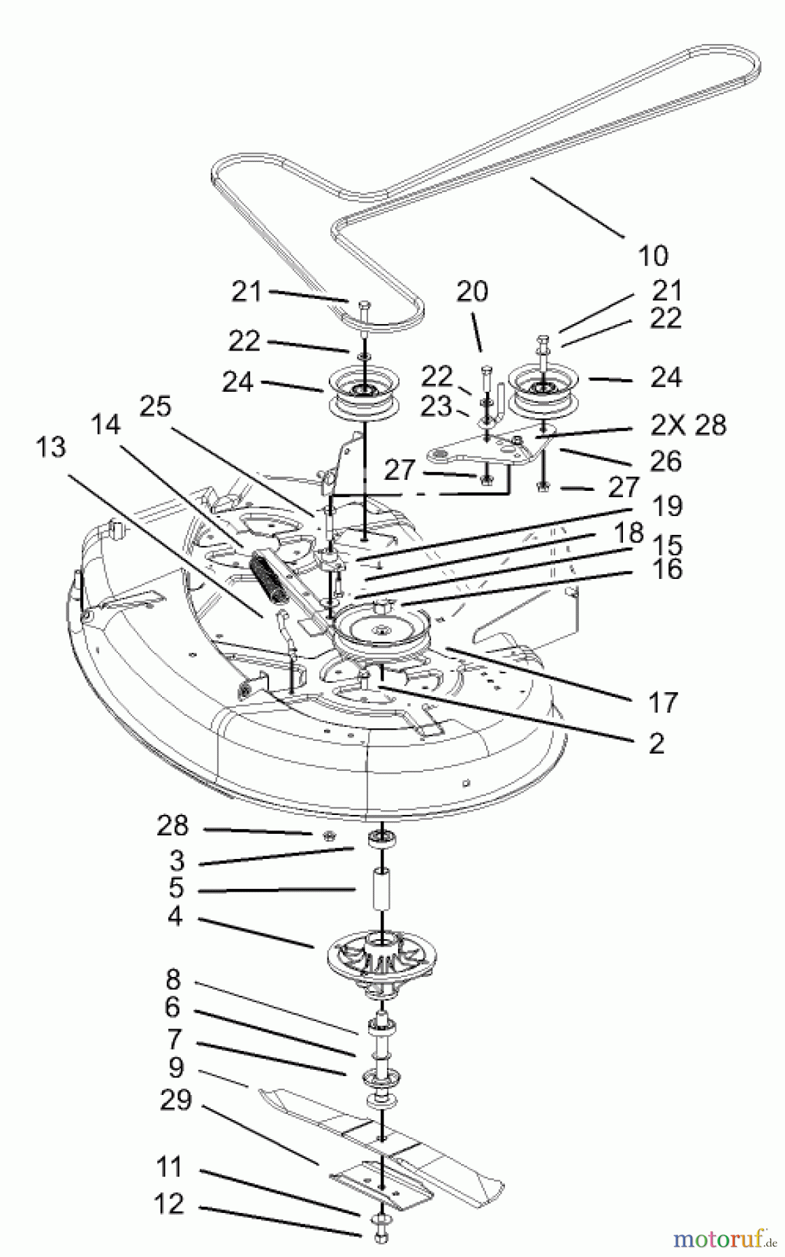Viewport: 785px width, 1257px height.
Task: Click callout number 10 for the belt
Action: [652, 255]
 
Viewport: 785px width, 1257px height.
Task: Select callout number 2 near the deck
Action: [656, 743]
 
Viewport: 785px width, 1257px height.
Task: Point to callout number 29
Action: [175, 1101]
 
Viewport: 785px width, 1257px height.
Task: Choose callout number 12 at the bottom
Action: [170, 1204]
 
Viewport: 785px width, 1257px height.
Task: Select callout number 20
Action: [472, 291]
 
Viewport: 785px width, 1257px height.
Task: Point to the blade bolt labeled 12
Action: [381, 1237]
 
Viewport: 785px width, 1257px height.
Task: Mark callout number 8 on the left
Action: [172, 980]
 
